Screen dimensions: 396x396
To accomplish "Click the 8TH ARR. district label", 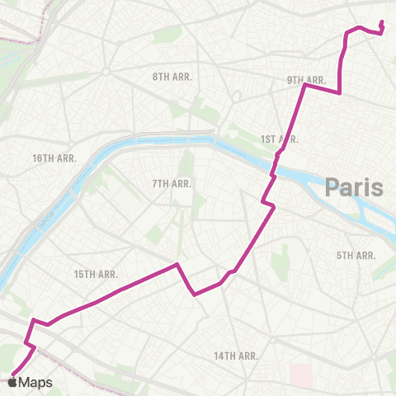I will click(x=172, y=76).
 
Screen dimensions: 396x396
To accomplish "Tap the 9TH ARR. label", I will click(x=306, y=80).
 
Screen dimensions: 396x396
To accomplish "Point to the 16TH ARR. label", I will click(x=54, y=158).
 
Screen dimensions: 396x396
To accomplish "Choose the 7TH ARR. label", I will click(x=172, y=183).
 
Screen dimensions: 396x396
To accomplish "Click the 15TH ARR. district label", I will click(x=96, y=274).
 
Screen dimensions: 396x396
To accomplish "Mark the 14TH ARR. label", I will click(x=237, y=356).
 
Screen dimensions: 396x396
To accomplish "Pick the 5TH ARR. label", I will click(x=356, y=256).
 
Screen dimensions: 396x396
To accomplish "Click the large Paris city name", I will click(x=354, y=187).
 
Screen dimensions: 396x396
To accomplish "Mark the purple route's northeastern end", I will click(x=381, y=22).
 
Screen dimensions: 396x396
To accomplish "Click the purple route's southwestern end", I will click(x=13, y=370).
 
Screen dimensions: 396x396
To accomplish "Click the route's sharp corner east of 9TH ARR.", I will click(x=340, y=93).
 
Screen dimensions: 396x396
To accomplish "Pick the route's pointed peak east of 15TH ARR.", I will click(x=177, y=265).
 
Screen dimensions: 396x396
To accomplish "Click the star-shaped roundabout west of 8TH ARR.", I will click(x=106, y=71).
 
